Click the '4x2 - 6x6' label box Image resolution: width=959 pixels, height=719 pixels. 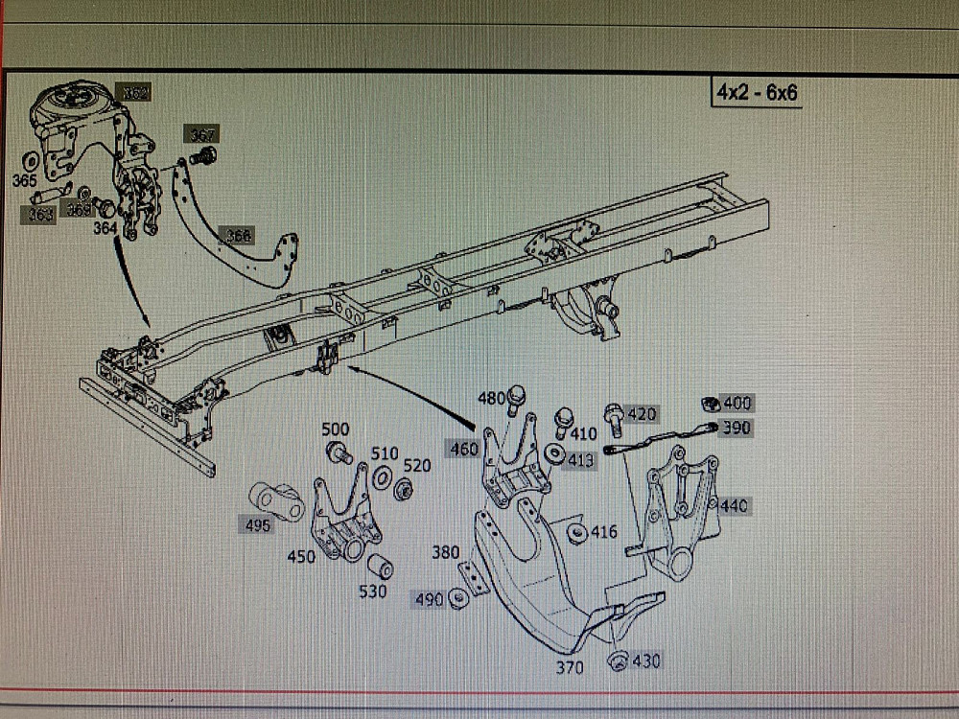[x=757, y=93]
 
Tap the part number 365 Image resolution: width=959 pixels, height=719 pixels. [x=25, y=179]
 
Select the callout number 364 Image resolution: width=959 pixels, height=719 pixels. [x=105, y=227]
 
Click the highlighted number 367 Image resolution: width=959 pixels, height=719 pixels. [x=202, y=135]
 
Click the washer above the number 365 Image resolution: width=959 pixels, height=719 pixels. [x=30, y=158]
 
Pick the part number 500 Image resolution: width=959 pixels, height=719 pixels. [x=336, y=429]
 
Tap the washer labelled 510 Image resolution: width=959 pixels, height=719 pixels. [x=381, y=475]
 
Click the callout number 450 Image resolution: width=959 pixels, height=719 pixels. [x=301, y=555]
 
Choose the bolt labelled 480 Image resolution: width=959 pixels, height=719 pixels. [x=517, y=395]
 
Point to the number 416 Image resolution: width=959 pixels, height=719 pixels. [x=603, y=532]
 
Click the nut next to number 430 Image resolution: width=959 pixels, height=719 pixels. [x=619, y=660]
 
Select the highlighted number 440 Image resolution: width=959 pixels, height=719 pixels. [x=735, y=505]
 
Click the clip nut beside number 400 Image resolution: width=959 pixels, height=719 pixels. [x=711, y=404]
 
